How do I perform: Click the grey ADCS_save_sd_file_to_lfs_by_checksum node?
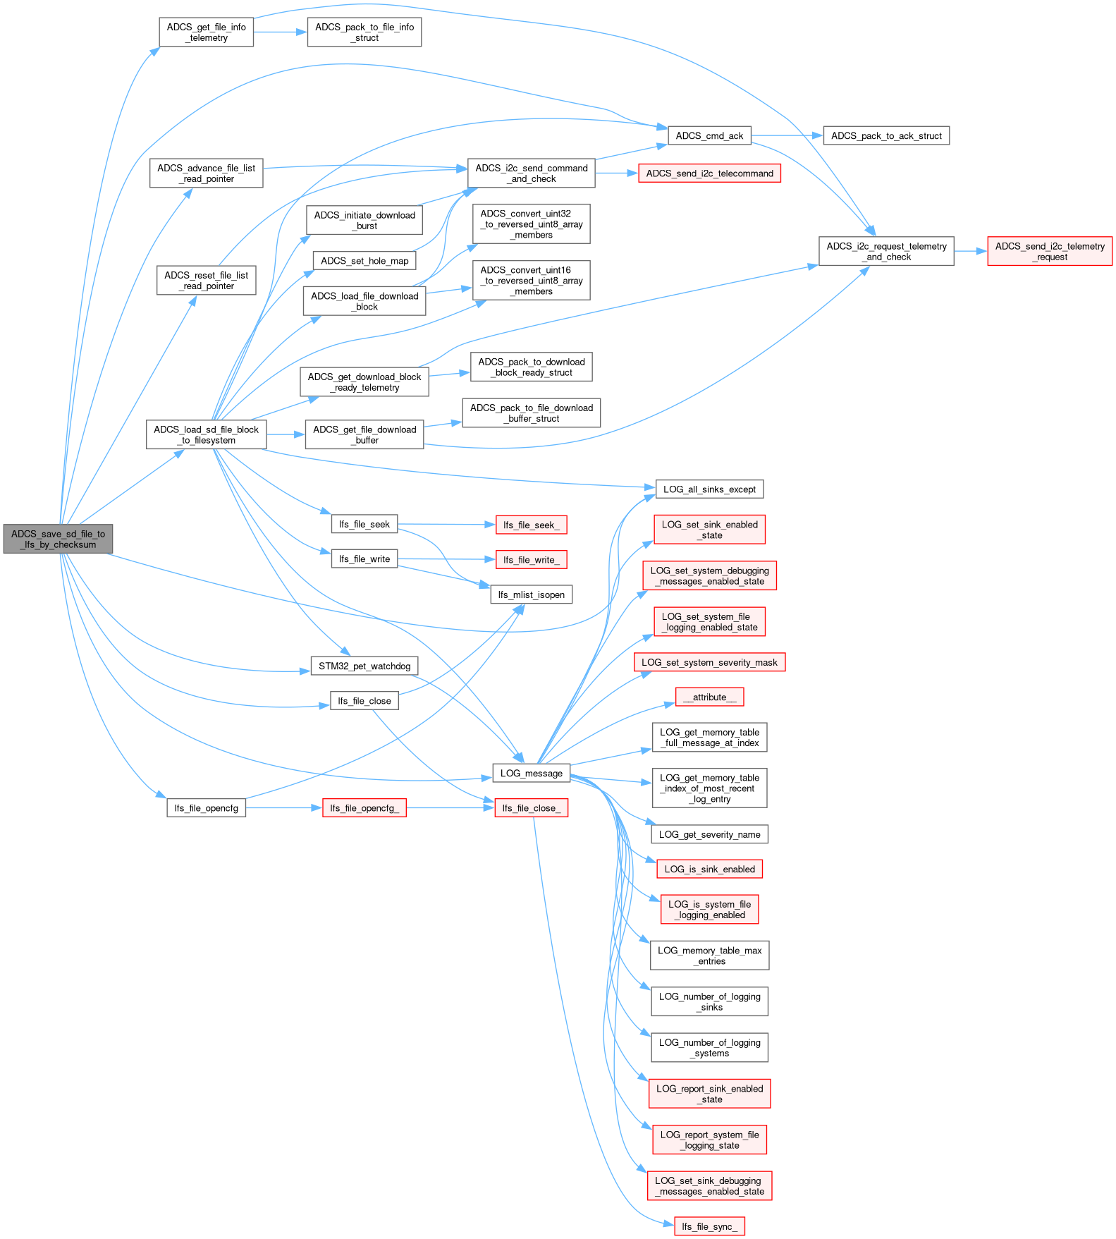click(x=58, y=539)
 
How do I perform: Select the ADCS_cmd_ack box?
click(x=709, y=135)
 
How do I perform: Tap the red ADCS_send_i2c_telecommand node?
click(x=709, y=173)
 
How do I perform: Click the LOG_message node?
click(x=531, y=773)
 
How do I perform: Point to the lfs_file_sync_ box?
click(x=709, y=1226)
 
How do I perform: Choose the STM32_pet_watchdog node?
click(x=364, y=666)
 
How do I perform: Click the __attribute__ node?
click(x=709, y=697)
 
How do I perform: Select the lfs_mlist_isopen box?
click(x=531, y=594)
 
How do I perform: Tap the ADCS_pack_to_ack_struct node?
click(x=886, y=135)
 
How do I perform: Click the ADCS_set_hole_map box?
click(x=364, y=261)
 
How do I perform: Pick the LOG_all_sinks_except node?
click(x=709, y=489)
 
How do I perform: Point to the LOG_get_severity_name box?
click(x=709, y=834)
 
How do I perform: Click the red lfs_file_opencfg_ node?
click(x=364, y=808)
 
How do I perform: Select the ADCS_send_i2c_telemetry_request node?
click(x=1050, y=252)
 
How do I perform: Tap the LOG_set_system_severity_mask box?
click(x=709, y=662)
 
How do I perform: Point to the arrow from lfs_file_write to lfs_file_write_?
click(x=447, y=559)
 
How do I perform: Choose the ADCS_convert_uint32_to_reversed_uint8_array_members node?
click(x=531, y=224)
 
